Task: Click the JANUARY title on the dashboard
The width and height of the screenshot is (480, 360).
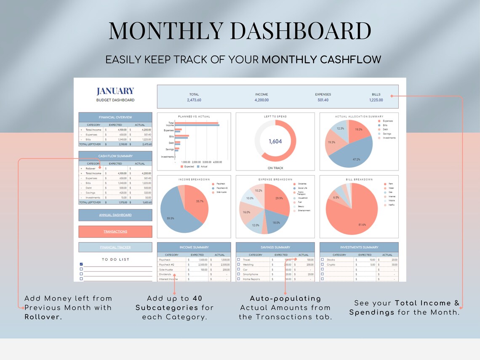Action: pyautogui.click(x=115, y=91)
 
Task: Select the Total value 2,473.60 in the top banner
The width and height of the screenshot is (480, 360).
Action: pyautogui.click(x=194, y=100)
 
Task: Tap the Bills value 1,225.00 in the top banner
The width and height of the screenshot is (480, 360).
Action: pyautogui.click(x=376, y=100)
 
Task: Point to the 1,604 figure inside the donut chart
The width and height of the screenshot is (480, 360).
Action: pyautogui.click(x=275, y=141)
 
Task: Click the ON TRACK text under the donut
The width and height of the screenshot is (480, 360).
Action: pyautogui.click(x=275, y=168)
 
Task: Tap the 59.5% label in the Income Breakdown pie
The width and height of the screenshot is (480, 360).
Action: pyautogui.click(x=171, y=219)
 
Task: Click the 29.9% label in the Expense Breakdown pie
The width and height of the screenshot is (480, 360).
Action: pyautogui.click(x=279, y=198)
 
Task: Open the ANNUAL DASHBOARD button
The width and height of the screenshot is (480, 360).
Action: pyautogui.click(x=115, y=215)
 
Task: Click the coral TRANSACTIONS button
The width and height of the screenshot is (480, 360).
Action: pyautogui.click(x=115, y=232)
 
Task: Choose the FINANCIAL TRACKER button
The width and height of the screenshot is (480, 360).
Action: pyautogui.click(x=115, y=248)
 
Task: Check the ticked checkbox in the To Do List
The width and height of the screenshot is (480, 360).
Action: pyautogui.click(x=81, y=264)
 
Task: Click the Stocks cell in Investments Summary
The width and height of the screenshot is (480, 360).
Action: pyautogui.click(x=331, y=260)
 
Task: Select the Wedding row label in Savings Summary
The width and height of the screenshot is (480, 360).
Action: pyautogui.click(x=248, y=265)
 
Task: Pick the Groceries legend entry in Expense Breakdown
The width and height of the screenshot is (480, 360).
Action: pyautogui.click(x=302, y=184)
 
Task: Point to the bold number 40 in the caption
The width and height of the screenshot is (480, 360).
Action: pyautogui.click(x=197, y=298)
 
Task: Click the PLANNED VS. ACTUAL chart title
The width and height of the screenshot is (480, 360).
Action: pyautogui.click(x=194, y=117)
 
